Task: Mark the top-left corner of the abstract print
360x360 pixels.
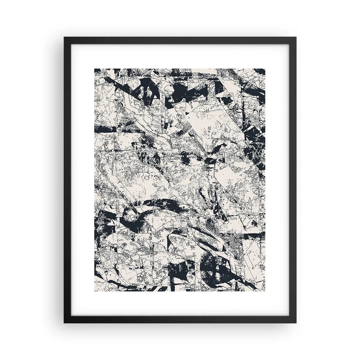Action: [x=95, y=68]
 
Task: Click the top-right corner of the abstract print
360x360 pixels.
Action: [x=265, y=68]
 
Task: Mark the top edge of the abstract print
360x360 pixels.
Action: [x=180, y=69]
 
